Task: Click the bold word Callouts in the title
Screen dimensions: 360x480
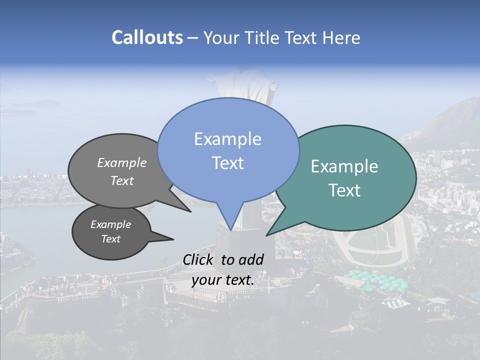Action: pos(147,37)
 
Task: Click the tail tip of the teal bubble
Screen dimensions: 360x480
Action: pos(266,235)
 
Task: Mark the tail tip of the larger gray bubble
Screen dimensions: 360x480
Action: pos(190,211)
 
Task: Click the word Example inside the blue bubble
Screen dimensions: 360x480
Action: pos(227,139)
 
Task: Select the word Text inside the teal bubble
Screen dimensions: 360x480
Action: pos(345,190)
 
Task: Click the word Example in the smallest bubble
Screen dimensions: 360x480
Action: pos(110,224)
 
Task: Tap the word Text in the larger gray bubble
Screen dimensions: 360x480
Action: pos(122,181)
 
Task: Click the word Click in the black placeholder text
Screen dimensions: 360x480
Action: pos(199,259)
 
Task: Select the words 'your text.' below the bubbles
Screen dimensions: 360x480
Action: pos(223,280)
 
